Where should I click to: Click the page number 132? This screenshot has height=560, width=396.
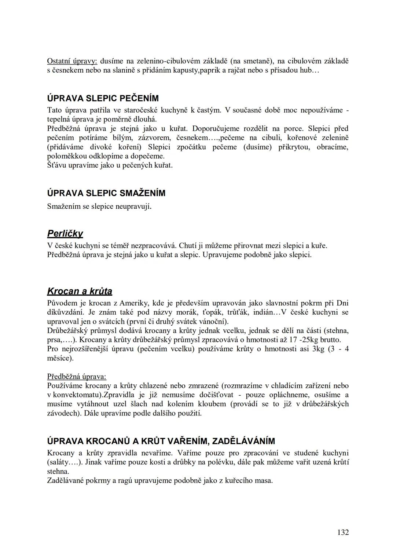click(343, 532)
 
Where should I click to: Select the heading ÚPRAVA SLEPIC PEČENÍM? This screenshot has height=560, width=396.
click(103, 98)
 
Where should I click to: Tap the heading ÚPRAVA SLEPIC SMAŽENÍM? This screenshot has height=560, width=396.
click(106, 193)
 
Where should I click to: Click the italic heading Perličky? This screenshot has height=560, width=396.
click(65, 233)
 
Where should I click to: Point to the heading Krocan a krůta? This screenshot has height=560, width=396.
click(80, 291)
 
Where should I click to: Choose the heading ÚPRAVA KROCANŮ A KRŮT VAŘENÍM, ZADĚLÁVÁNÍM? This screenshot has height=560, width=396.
click(161, 441)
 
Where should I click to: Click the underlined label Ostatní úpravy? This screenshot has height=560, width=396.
click(72, 61)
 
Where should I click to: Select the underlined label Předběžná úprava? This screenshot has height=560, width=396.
click(77, 376)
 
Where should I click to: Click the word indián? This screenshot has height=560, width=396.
click(263, 312)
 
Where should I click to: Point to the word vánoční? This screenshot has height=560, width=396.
click(213, 322)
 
